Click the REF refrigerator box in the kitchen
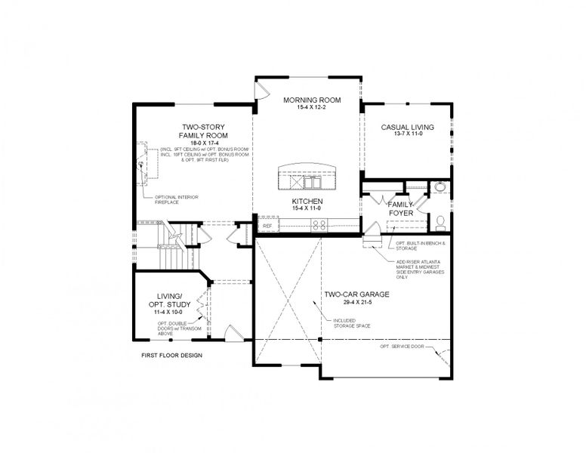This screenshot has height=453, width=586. click(267, 225)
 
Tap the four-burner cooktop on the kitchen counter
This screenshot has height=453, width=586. click(319, 224)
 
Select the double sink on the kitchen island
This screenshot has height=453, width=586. click(311, 183)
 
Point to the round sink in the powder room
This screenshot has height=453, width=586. click(440, 188)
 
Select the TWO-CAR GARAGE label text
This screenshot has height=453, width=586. click(356, 294)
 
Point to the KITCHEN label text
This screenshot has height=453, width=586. click(307, 202)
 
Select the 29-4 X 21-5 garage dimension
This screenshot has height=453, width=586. click(356, 302)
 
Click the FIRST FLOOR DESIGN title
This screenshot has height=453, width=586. click(172, 355)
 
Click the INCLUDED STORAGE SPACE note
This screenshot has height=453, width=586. click(349, 323)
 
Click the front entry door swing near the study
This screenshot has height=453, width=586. click(234, 332)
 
